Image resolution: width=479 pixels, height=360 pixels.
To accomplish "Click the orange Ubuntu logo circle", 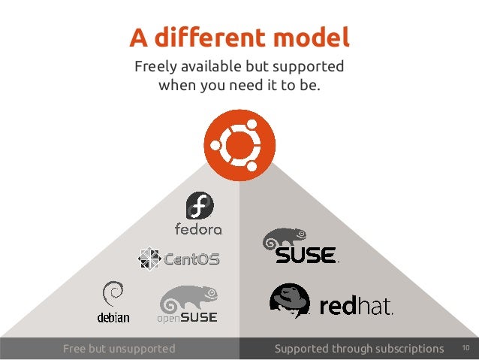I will tap(239, 145).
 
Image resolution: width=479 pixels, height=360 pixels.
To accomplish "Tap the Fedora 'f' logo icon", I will tap(200, 205).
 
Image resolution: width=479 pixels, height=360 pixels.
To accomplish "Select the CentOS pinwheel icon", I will tap(149, 259).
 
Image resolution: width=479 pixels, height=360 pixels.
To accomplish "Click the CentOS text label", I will tap(191, 260).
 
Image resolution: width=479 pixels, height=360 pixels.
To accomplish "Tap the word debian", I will tap(113, 317).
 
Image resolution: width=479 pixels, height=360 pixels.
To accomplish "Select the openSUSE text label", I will tap(187, 318).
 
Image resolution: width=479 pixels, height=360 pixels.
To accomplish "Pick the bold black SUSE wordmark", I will tap(305, 256).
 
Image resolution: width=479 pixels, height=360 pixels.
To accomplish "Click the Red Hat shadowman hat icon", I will tap(290, 300).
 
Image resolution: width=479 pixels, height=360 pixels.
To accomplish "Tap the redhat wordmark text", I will tap(356, 307).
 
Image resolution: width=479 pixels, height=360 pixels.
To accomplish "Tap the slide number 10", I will tap(465, 348).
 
